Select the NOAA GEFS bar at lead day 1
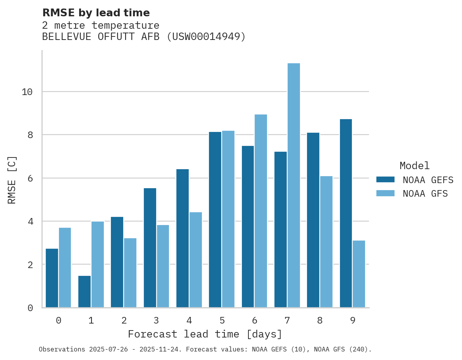[x=84, y=292]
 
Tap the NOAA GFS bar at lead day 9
[x=359, y=274]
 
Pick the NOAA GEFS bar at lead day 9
[x=346, y=213]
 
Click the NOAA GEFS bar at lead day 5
[x=215, y=220]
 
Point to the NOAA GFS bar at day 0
[x=65, y=268]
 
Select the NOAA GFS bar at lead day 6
[x=261, y=211]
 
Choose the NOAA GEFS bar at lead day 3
[x=150, y=248]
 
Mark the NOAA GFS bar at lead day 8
[x=326, y=242]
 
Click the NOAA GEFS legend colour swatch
[x=385, y=180]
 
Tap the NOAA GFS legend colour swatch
[x=385, y=194]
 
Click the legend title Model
[x=415, y=166]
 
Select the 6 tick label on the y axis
[x=30, y=178]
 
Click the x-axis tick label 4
[x=189, y=321]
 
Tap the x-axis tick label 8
[x=320, y=321]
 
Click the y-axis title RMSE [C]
[x=12, y=180]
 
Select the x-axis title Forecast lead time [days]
[x=205, y=334]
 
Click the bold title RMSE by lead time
[x=96, y=13]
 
